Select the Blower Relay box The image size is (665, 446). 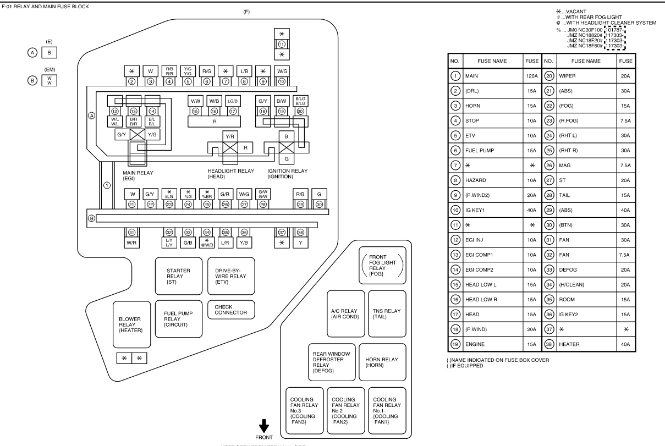coord(132,324)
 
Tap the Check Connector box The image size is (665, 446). coord(231,310)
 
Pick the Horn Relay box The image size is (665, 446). coord(382,362)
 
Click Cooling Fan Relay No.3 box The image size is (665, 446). coord(303,410)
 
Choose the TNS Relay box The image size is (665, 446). coord(382,314)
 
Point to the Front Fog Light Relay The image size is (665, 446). coord(382,266)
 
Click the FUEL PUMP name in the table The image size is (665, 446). coord(479,150)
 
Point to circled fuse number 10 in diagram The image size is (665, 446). coord(282,81)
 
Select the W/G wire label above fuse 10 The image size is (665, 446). coord(282,71)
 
